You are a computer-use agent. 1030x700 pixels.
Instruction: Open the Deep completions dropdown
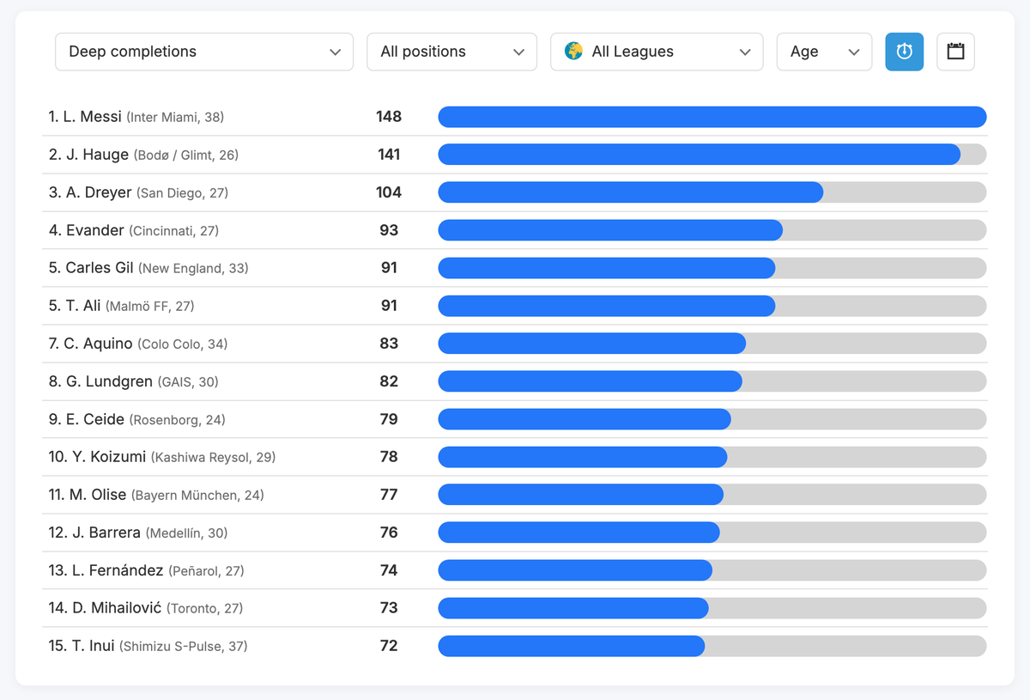tap(204, 52)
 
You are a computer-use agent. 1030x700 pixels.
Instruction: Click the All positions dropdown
tap(451, 52)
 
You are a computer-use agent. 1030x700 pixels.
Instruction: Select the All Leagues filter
tap(657, 52)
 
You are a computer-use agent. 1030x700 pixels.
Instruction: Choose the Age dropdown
tap(824, 52)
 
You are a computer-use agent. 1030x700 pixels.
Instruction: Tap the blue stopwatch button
tap(904, 52)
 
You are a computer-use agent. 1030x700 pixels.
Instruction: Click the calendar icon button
tap(955, 52)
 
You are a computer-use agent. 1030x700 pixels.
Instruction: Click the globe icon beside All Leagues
tap(573, 52)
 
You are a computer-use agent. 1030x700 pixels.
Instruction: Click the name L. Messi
tap(92, 117)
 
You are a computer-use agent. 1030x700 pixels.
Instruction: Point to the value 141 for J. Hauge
tap(389, 155)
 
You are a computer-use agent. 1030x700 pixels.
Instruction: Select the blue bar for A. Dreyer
tap(630, 192)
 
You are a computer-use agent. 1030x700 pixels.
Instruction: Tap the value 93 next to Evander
tap(389, 230)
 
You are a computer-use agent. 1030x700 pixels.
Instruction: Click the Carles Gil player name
tap(100, 268)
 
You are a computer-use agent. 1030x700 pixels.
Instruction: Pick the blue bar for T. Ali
tap(606, 306)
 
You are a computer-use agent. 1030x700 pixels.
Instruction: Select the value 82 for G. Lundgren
tap(389, 381)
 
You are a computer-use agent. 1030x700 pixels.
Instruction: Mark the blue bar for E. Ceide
tap(584, 419)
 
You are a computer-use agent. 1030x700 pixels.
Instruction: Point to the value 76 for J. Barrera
tap(389, 533)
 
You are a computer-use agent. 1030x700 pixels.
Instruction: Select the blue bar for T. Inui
tap(571, 646)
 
